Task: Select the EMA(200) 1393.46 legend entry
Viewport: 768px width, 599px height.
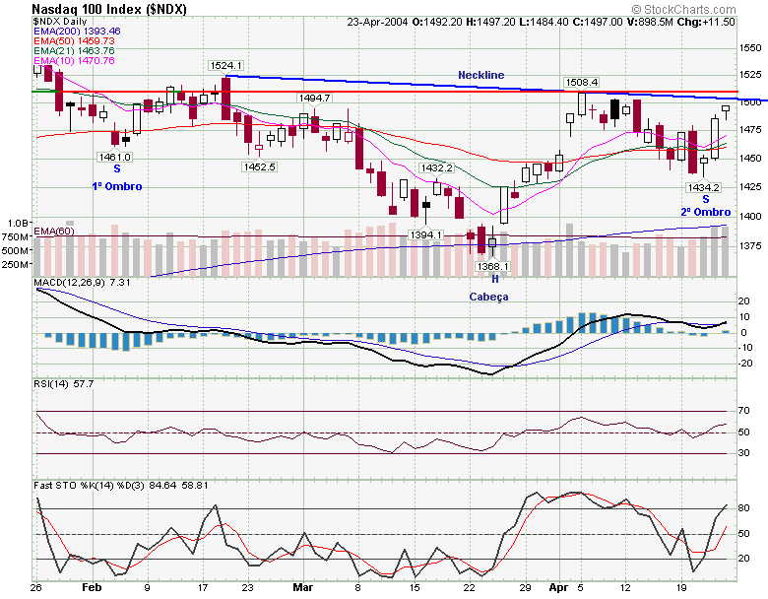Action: point(74,31)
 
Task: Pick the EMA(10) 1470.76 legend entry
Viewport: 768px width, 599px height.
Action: point(74,60)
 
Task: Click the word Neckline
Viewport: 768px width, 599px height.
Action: point(480,75)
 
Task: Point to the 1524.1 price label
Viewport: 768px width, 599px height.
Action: point(225,65)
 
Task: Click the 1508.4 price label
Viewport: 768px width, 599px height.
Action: point(581,82)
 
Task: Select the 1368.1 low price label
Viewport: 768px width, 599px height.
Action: point(492,266)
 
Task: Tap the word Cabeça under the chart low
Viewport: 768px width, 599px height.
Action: point(489,296)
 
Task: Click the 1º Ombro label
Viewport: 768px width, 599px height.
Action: point(117,186)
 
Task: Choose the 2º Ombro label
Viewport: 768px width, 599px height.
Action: point(705,212)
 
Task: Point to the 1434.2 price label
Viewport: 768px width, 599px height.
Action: point(704,187)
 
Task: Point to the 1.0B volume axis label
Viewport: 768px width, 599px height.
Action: point(17,224)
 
